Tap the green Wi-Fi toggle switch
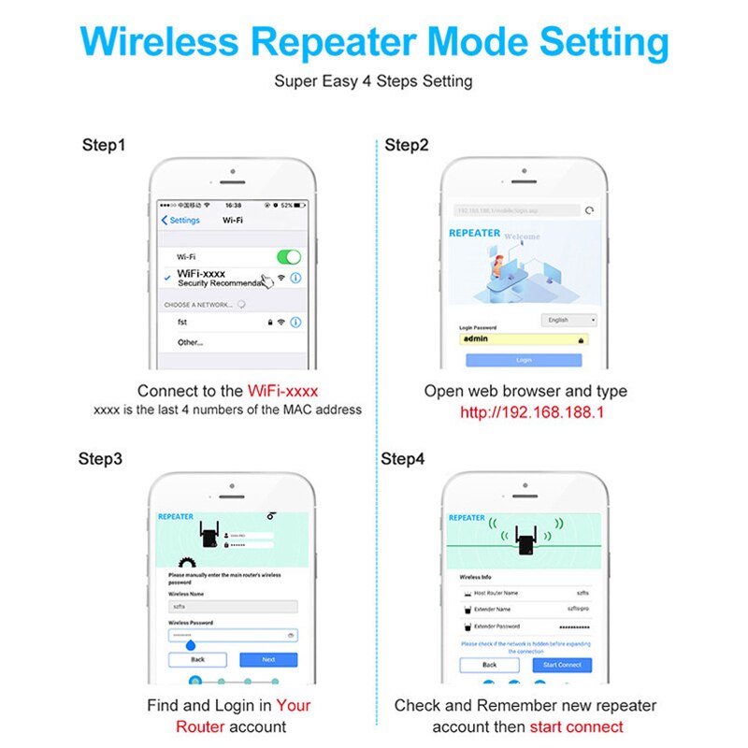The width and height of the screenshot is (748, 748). [289, 256]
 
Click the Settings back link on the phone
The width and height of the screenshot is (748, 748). [180, 221]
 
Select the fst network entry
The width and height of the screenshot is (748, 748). [183, 322]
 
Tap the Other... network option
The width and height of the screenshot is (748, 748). [191, 342]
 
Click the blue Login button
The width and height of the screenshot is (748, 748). [524, 360]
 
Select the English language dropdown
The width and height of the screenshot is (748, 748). [568, 320]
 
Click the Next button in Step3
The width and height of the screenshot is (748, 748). [268, 659]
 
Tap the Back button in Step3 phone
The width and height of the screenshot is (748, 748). [198, 659]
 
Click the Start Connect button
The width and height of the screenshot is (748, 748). [563, 665]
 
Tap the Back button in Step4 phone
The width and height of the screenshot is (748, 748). [489, 665]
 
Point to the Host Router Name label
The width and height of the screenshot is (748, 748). [496, 593]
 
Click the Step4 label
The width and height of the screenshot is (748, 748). [403, 459]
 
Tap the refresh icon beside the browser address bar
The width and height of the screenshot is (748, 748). [589, 210]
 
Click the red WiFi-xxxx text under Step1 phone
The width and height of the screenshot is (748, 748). [287, 391]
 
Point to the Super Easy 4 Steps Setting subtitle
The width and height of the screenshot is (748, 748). [373, 81]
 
